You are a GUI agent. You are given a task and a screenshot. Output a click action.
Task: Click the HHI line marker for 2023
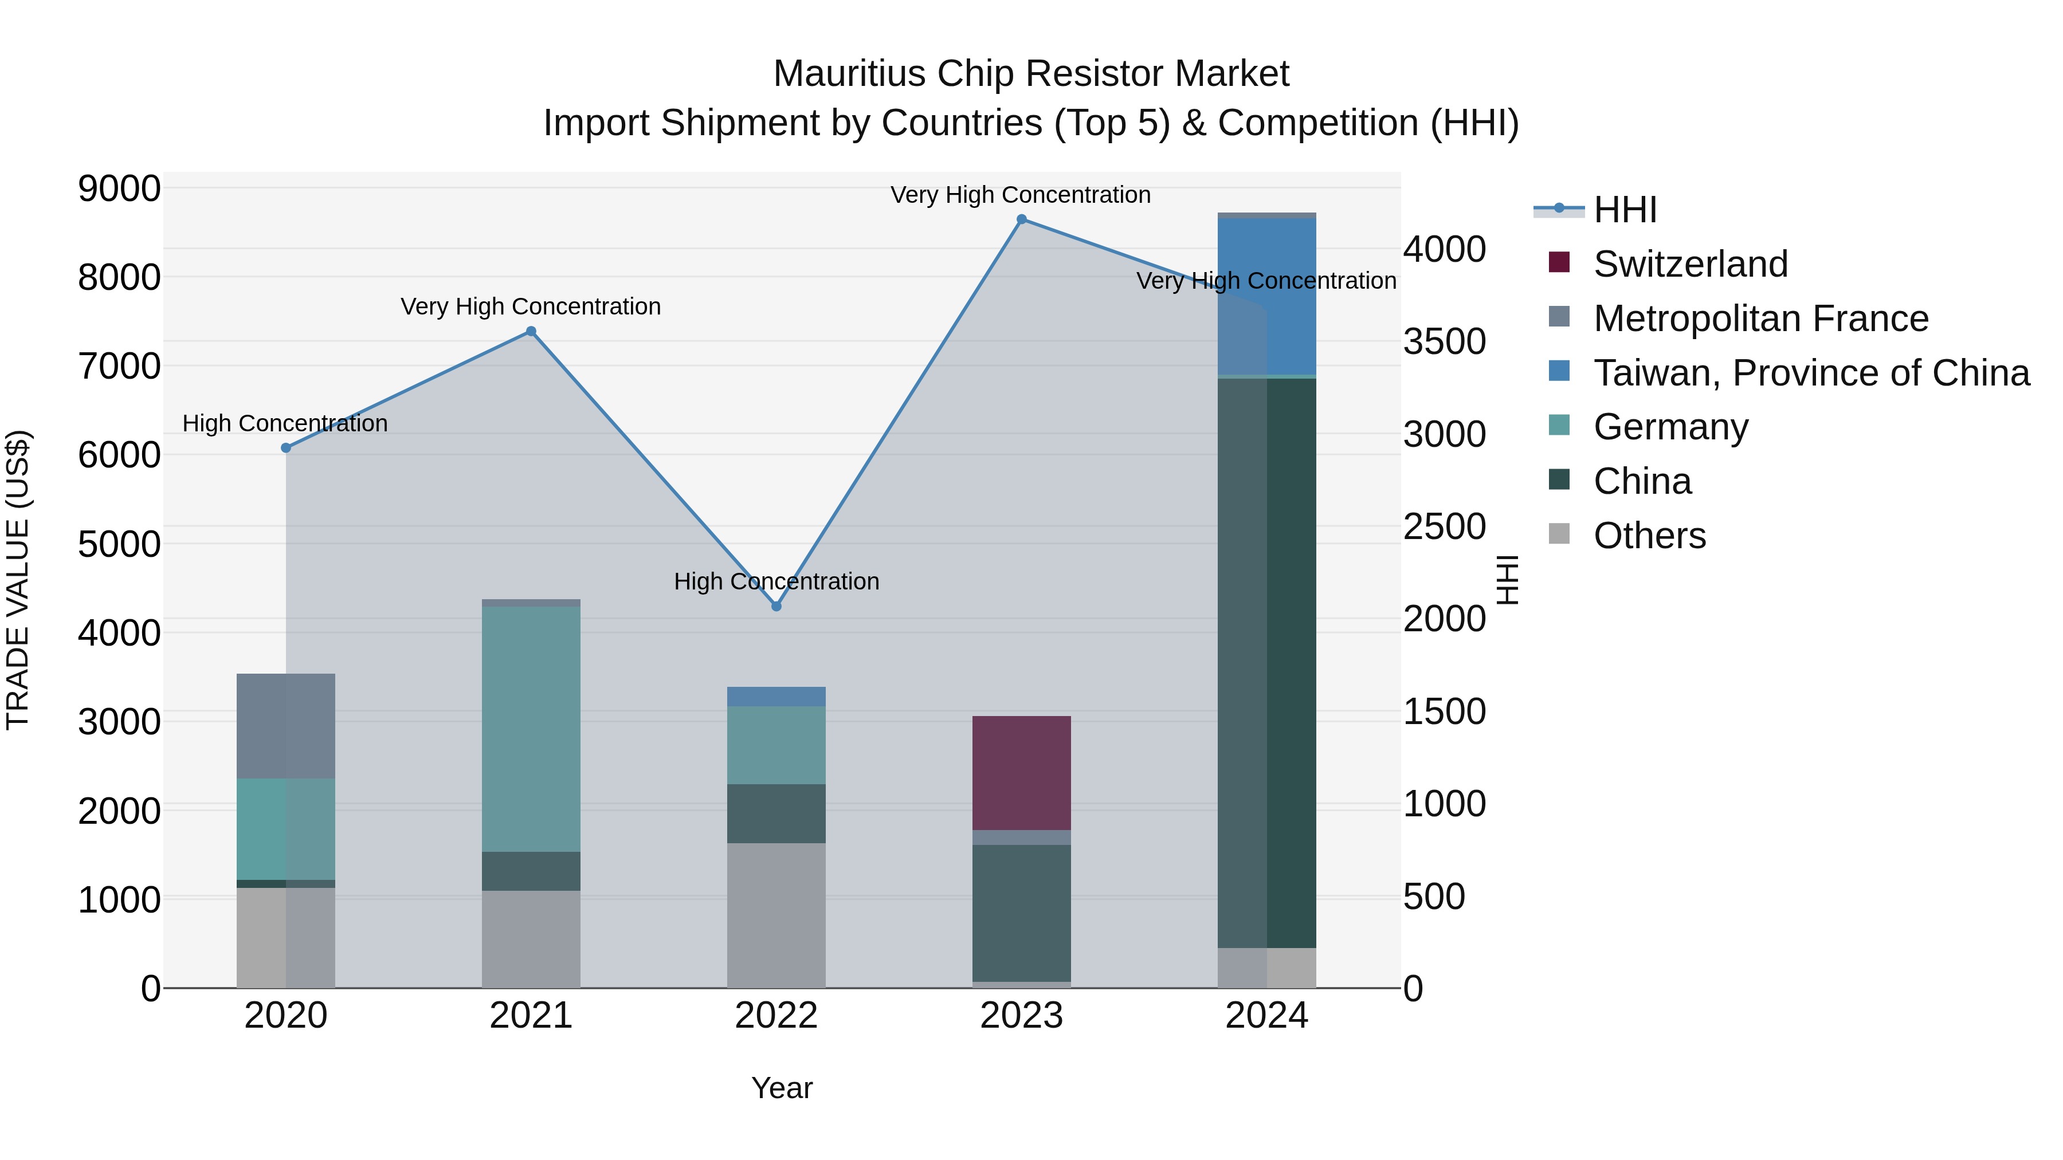1021,219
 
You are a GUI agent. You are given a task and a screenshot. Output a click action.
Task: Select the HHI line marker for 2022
776,607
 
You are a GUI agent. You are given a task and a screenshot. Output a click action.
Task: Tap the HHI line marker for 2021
531,332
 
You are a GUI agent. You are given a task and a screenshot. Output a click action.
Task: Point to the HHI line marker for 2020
286,449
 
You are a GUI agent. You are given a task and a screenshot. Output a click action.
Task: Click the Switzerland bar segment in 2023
1021,773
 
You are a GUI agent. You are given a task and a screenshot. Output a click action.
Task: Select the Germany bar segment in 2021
531,729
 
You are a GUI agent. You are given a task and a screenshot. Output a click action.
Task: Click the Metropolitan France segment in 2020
286,726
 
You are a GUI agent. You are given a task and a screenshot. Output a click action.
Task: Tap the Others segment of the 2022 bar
776,915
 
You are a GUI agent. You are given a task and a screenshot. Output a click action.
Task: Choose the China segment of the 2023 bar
1021,913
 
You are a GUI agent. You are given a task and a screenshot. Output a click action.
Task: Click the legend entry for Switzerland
1690,264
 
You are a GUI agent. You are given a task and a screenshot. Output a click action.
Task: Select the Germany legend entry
1670,427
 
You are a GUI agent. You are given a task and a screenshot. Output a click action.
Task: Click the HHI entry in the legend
1624,210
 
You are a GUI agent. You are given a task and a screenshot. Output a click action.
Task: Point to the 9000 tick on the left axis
119,189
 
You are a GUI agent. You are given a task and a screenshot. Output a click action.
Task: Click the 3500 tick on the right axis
1444,342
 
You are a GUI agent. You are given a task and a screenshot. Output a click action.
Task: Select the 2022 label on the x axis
776,1016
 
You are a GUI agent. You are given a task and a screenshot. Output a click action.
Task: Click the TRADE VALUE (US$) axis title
18,580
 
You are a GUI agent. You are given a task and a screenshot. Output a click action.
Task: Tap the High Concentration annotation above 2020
285,423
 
